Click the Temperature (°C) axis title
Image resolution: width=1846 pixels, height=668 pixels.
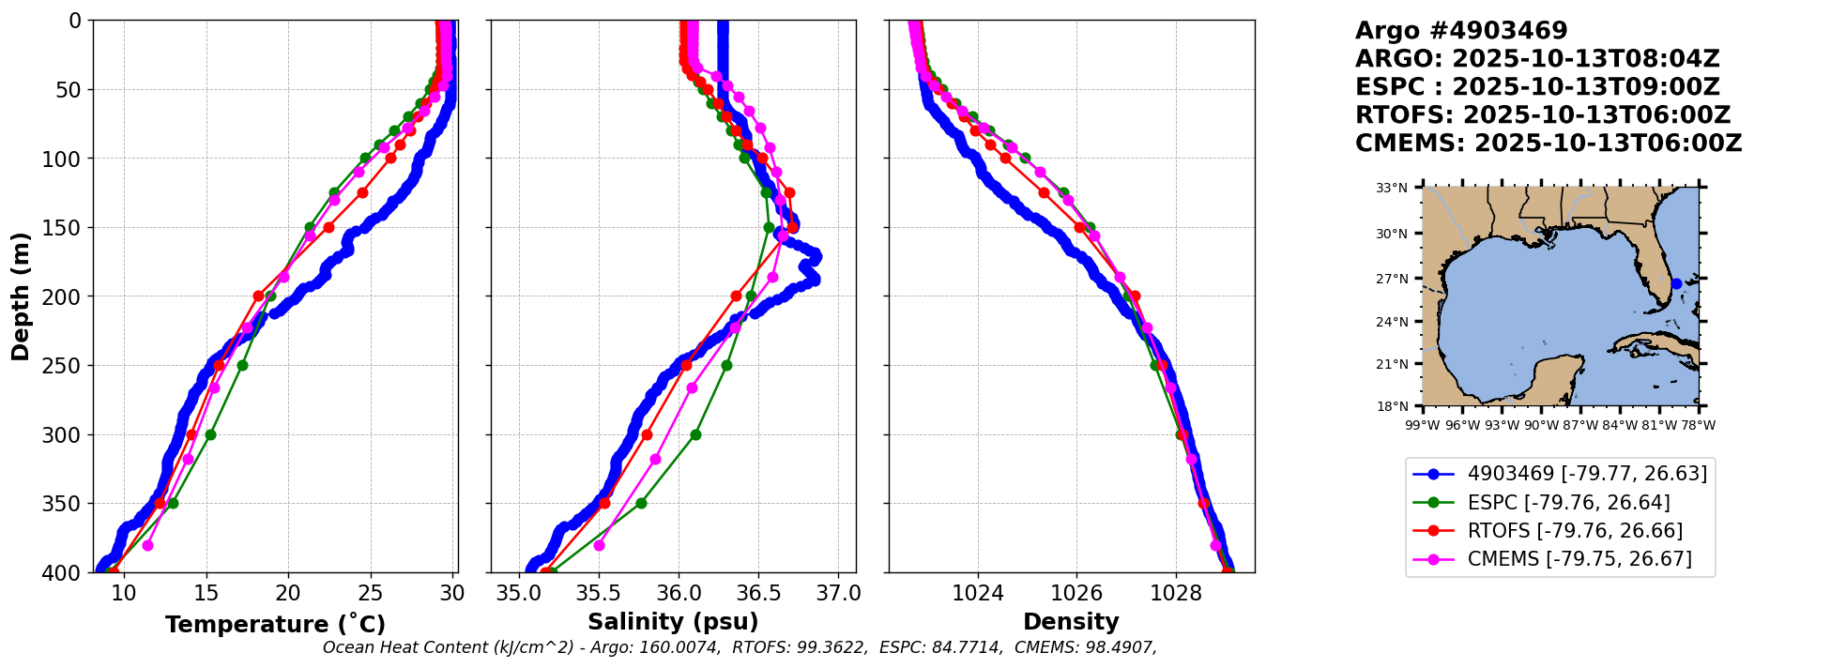[275, 625]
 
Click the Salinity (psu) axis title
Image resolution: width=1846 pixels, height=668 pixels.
[673, 622]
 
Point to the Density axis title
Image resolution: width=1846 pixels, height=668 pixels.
[1071, 622]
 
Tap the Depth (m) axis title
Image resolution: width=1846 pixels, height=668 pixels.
[21, 296]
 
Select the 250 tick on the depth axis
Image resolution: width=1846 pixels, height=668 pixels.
[68, 366]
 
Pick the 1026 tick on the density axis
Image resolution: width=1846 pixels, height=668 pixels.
[1076, 594]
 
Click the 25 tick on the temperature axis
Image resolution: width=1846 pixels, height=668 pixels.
[371, 594]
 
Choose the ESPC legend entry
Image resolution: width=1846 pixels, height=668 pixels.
[1568, 503]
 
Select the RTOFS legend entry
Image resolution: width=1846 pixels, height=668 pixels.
[1575, 531]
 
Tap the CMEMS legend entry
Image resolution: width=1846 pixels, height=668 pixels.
[1579, 559]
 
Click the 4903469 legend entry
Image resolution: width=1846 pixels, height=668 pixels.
[1587, 474]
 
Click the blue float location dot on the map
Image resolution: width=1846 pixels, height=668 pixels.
[1676, 283]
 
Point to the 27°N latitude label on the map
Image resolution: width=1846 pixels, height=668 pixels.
[1392, 279]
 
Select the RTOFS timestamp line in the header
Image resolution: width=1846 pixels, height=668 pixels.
[1542, 115]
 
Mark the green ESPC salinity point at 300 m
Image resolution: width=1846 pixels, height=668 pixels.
[695, 434]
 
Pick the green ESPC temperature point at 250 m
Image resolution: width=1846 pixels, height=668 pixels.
[242, 365]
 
